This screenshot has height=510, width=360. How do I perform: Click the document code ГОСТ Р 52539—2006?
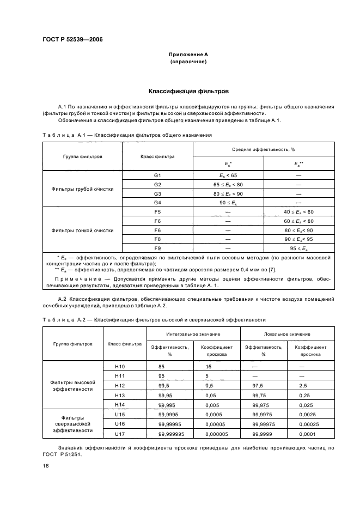[x=72, y=39]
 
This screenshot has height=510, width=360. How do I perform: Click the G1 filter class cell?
[x=157, y=176]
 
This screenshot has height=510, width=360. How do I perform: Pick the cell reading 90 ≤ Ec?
[x=228, y=202]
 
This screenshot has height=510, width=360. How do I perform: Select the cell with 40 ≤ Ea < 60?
[x=298, y=211]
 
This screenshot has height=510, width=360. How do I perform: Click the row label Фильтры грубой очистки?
[x=82, y=189]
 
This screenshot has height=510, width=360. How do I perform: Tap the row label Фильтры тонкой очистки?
[x=82, y=230]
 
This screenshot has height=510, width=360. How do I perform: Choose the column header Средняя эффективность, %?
[x=264, y=149]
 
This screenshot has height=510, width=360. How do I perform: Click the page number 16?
[x=45, y=466]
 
